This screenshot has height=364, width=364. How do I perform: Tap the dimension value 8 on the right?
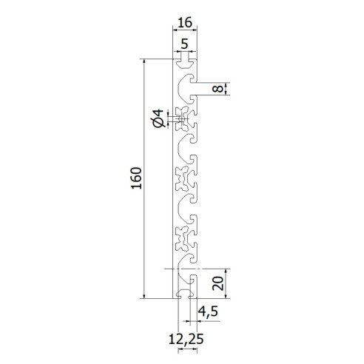[x=215, y=89]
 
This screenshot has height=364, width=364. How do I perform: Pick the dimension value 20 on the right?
[x=215, y=283]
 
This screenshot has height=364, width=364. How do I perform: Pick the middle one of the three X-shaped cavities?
[x=182, y=178]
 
